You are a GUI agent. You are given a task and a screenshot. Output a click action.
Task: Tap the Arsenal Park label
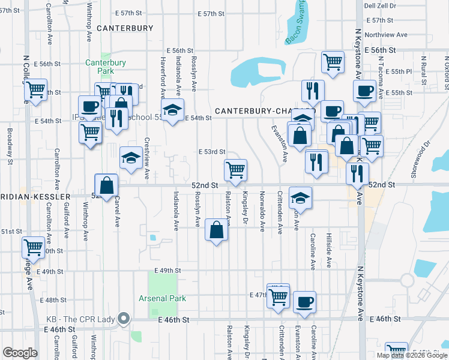coord(162,298)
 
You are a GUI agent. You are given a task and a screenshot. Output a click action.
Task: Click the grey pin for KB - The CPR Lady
coord(124,318)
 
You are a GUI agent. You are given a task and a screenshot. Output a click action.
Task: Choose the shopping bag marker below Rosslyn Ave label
coord(216,229)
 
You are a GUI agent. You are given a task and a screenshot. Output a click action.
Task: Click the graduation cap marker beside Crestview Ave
coord(131,158)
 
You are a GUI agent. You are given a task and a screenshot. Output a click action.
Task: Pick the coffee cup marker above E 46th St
coord(304,302)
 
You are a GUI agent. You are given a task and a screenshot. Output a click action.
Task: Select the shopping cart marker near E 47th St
coord(278,295)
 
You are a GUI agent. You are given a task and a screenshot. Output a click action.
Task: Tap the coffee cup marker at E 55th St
coord(364,92)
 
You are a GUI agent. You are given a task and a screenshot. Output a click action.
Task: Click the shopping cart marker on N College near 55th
coord(36,90)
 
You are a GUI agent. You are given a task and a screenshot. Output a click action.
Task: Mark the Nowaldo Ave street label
coord(262,211)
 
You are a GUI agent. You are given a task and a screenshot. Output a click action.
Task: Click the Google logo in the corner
coord(20,353)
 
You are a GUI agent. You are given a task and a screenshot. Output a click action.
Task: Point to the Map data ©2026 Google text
coord(411,355)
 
